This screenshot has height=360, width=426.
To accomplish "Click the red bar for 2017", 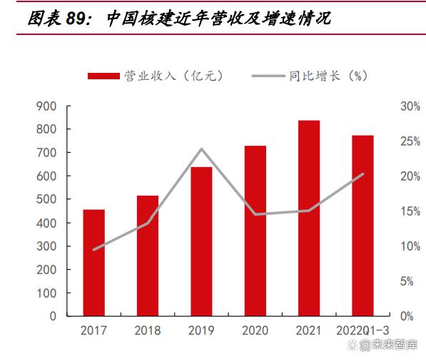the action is (x=93, y=263).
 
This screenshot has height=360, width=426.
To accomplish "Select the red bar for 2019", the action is (x=201, y=241).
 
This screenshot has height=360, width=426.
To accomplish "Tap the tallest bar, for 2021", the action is (x=309, y=218).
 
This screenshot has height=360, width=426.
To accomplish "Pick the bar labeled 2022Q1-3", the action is (x=362, y=226).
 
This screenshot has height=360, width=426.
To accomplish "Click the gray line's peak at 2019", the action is (x=201, y=149).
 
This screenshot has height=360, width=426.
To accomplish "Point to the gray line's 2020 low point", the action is (x=255, y=214).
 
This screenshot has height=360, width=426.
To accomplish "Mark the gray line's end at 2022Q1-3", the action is (x=363, y=174).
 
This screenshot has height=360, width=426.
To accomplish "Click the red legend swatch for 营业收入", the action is (x=103, y=76).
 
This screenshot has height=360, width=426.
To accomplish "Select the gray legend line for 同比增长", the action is (x=268, y=76).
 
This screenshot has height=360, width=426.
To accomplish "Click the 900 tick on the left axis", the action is (x=46, y=106).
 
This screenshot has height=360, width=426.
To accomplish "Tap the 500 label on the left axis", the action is (x=46, y=199).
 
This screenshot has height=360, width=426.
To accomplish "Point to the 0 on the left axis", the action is (x=53, y=316).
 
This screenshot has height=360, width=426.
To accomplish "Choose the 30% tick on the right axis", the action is (x=410, y=106).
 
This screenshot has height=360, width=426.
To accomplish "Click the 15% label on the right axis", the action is (x=410, y=211).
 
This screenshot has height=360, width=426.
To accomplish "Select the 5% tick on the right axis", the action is (x=407, y=281).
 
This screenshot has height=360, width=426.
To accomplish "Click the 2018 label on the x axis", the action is (x=148, y=331).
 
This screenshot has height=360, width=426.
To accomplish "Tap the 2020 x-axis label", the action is (x=255, y=331).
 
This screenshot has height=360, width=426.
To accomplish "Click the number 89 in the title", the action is (x=76, y=19).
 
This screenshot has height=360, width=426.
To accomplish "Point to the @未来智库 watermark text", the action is (x=387, y=345).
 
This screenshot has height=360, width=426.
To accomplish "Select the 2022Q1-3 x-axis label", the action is (x=362, y=331).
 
